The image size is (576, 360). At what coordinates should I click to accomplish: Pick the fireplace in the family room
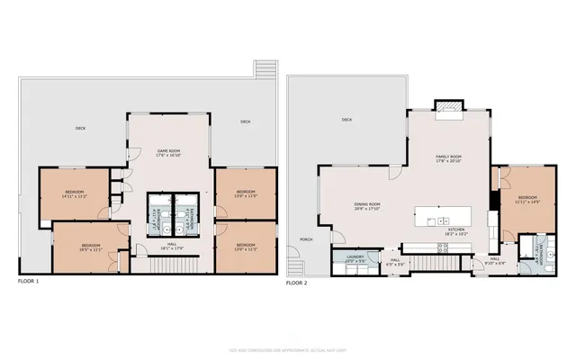[447, 110]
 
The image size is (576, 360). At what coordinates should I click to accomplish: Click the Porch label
[305, 239]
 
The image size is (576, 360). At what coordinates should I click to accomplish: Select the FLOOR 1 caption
[29, 282]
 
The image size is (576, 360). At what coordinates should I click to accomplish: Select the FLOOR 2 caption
[297, 282]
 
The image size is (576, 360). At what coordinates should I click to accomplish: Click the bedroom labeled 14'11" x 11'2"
[74, 193]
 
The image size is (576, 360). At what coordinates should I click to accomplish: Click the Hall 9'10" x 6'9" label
[495, 260]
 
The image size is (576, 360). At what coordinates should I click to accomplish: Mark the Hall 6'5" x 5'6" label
[394, 263]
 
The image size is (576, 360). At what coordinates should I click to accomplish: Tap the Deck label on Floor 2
[346, 120]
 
